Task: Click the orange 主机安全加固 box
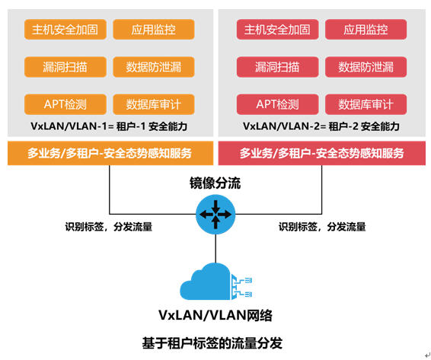[x=65, y=30]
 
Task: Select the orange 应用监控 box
[x=154, y=30]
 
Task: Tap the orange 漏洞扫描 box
[x=65, y=67]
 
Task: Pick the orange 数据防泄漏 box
[x=154, y=67]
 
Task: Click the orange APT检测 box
[x=65, y=104]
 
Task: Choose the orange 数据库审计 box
[x=154, y=104]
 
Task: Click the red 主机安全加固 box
[x=278, y=30]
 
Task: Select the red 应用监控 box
[x=366, y=30]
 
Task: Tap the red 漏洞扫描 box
[x=278, y=67]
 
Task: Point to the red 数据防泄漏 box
[x=366, y=67]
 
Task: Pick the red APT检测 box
[x=278, y=104]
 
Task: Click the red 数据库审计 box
[x=366, y=104]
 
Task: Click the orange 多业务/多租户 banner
[x=110, y=153]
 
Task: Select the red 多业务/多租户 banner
[x=322, y=153]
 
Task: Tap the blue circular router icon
[x=215, y=215]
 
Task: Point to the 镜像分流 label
[x=215, y=183]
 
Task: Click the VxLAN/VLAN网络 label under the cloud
[x=215, y=315]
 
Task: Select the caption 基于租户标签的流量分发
[x=212, y=343]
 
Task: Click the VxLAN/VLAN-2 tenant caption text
[x=321, y=126]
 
